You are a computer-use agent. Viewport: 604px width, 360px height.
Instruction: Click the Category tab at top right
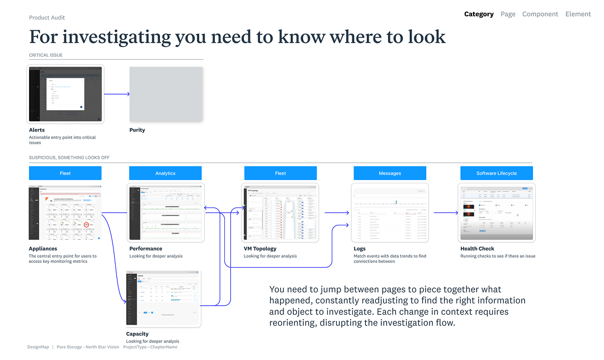[x=479, y=14]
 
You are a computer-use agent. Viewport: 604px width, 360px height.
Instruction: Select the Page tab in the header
[x=508, y=14]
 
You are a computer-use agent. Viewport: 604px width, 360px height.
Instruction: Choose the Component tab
[x=540, y=14]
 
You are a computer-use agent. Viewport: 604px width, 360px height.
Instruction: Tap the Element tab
[x=578, y=14]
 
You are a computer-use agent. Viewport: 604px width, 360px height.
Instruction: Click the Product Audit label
[x=47, y=17]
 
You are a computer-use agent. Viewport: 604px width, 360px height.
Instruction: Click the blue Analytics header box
[x=166, y=173]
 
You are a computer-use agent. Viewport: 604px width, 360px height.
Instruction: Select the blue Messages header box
[x=390, y=173]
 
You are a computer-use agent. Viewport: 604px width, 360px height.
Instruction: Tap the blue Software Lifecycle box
[x=497, y=173]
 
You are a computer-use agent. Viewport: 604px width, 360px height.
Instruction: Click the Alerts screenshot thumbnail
[x=65, y=94]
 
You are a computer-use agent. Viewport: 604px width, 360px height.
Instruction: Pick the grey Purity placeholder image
[x=166, y=94]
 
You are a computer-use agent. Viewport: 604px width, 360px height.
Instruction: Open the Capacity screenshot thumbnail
[x=163, y=299]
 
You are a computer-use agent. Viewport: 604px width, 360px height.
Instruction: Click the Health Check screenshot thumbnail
[x=497, y=212]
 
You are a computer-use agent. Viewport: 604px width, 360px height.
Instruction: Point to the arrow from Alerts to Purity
[x=117, y=94]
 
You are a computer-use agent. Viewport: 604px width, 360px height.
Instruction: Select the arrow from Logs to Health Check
[x=446, y=212]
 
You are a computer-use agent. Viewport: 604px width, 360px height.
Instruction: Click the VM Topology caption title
[x=260, y=249]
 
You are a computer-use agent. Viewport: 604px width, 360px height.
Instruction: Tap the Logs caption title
[x=360, y=249]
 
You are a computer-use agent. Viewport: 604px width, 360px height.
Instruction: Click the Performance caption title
[x=145, y=249]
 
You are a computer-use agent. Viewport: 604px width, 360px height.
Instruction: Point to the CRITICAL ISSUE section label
[x=46, y=55]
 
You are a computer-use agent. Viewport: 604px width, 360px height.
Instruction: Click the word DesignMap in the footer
[x=38, y=347]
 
